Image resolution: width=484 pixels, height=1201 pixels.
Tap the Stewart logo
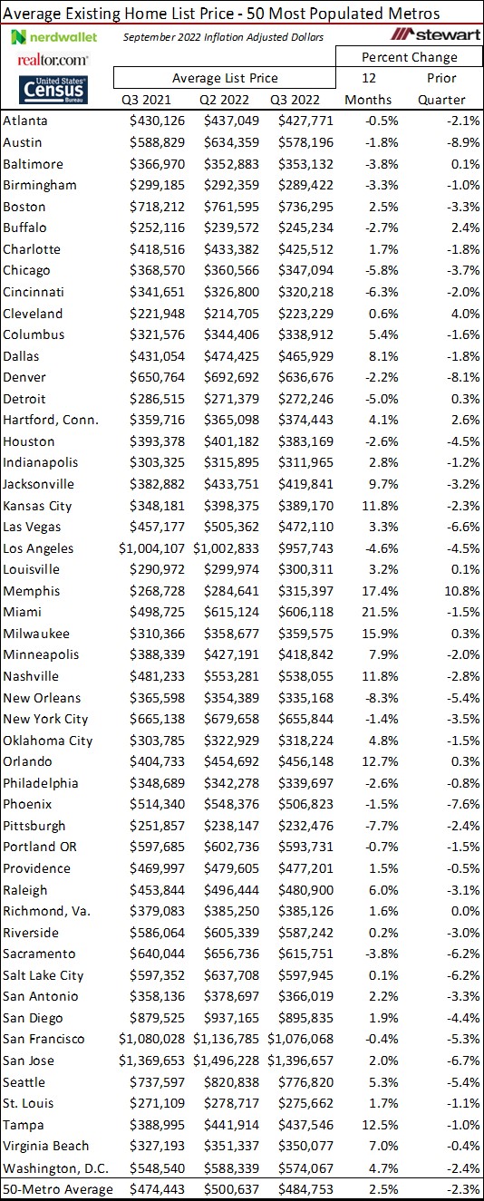433,35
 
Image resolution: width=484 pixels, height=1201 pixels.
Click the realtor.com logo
53,59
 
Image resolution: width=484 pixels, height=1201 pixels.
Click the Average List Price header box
225,78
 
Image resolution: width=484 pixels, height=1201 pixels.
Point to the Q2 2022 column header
225,100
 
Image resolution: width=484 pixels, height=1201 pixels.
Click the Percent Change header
410,57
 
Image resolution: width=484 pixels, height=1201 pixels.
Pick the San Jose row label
29,1061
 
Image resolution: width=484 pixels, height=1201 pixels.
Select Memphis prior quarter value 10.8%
446,591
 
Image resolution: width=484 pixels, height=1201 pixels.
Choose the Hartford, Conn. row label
52,420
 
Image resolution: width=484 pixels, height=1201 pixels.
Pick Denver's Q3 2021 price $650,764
158,377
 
